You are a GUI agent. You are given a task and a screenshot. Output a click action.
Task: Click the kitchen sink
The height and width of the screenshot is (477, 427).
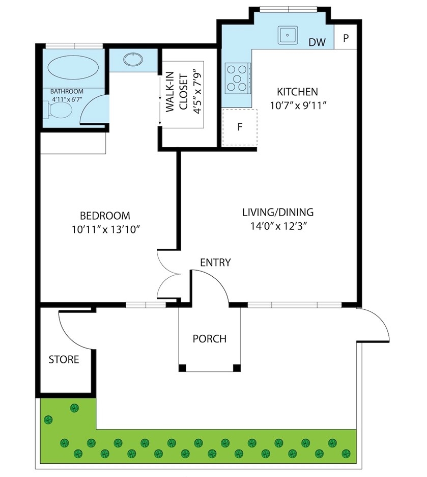pyautogui.click(x=288, y=35)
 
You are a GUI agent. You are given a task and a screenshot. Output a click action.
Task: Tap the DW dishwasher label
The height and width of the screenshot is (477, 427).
pyautogui.click(x=317, y=42)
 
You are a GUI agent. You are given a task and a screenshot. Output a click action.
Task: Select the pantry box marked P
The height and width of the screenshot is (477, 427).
pyautogui.click(x=345, y=38)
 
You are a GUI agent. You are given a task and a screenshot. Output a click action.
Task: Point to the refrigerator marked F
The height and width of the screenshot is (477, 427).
pyautogui.click(x=240, y=127)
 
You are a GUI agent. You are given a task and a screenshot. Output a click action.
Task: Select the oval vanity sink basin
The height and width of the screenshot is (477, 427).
pyautogui.click(x=133, y=59)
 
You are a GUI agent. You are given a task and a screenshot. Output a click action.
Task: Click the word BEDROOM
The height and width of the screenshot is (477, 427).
pyautogui.click(x=105, y=216)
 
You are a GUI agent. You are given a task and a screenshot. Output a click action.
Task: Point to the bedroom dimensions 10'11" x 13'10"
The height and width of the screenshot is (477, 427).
pyautogui.click(x=105, y=229)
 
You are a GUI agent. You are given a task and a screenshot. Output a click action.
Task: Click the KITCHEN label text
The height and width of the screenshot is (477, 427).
pyautogui.click(x=297, y=92)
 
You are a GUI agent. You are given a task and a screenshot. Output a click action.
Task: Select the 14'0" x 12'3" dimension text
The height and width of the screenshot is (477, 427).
pyautogui.click(x=277, y=226)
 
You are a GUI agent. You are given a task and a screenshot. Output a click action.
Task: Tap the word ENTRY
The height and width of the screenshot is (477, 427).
pyautogui.click(x=215, y=262)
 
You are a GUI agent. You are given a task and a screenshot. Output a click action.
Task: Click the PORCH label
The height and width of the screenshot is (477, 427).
pyautogui.click(x=210, y=338)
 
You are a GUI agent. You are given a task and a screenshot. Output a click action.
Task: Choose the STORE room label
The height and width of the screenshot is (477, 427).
pyautogui.click(x=64, y=359)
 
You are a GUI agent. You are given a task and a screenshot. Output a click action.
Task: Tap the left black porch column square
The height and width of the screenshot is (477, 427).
pyautogui.click(x=182, y=368)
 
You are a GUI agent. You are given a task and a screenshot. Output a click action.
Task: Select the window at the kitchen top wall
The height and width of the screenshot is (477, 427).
pyautogui.click(x=289, y=9)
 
